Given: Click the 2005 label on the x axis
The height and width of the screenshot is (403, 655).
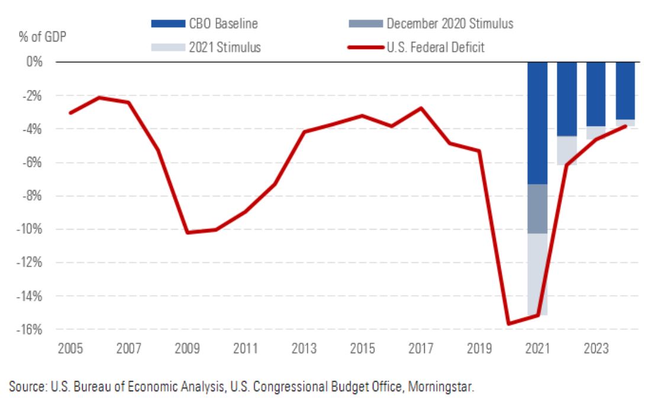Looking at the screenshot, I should point(70,347).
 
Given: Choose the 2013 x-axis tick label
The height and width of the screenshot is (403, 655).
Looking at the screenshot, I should point(304,347).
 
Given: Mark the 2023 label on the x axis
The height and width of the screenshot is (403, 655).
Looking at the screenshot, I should point(596,347).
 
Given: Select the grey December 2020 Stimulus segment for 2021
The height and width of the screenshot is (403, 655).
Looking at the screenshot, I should point(537,209).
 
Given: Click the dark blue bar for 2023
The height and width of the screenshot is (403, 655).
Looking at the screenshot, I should point(596,94).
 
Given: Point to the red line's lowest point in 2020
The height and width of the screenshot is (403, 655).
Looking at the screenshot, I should point(508,324).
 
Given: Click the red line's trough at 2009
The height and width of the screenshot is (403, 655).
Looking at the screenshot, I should point(188,233).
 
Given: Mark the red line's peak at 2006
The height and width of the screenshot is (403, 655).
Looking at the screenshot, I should point(100,98).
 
